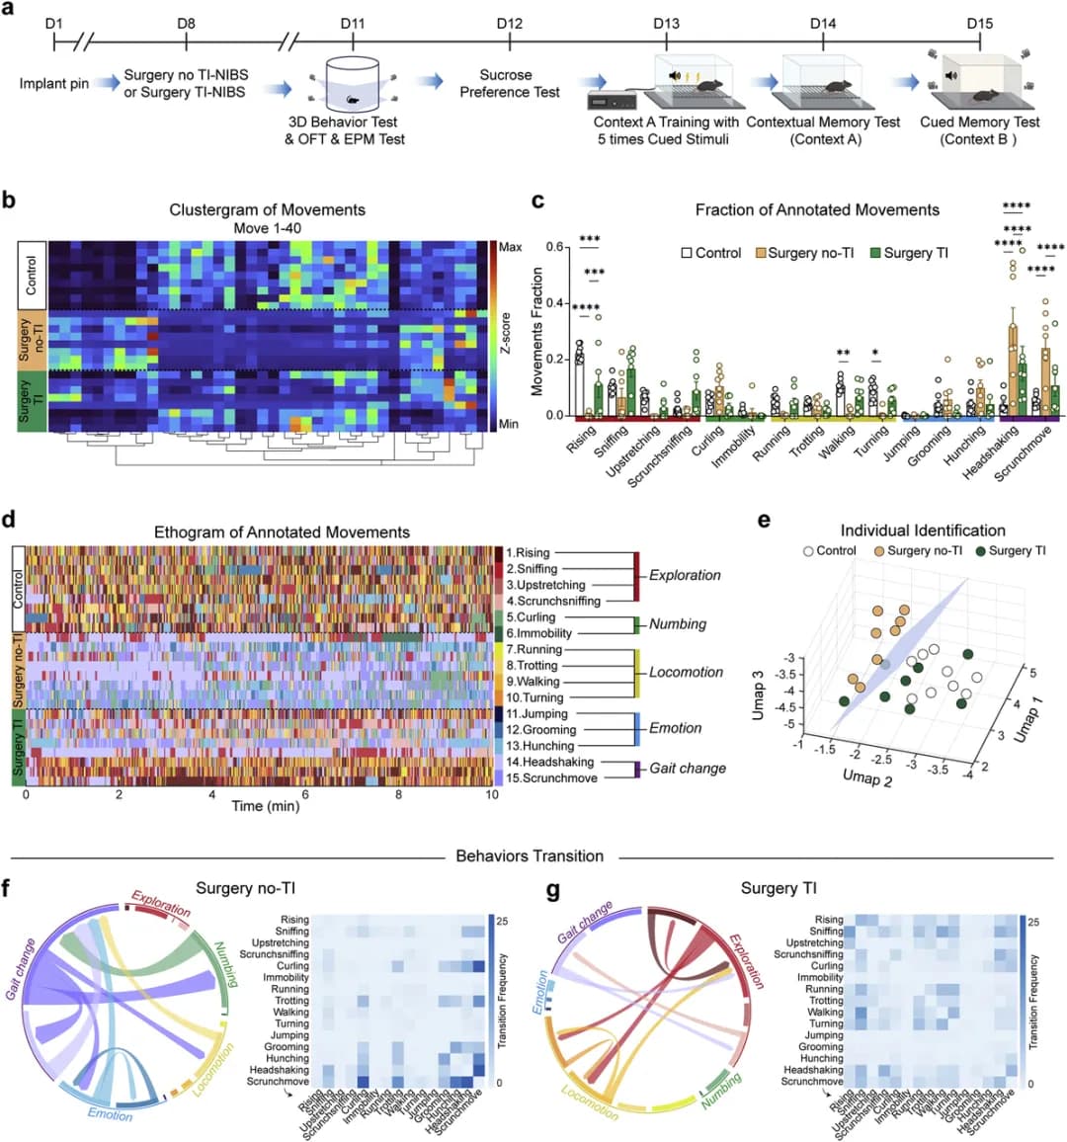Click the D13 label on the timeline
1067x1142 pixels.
(666, 23)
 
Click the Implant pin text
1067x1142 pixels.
(54, 84)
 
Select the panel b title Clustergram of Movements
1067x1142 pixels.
(267, 209)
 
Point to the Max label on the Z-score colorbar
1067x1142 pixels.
(510, 247)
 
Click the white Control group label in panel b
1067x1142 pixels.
(32, 275)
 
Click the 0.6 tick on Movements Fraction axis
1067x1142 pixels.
(555, 247)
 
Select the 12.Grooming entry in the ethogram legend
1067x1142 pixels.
(541, 730)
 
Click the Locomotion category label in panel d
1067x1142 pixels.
(686, 673)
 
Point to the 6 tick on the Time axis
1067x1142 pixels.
(305, 794)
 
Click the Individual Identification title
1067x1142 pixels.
(923, 530)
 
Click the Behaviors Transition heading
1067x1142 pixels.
(530, 856)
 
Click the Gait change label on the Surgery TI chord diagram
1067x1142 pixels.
(586, 923)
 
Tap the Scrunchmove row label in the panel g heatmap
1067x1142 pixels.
(812, 1082)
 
